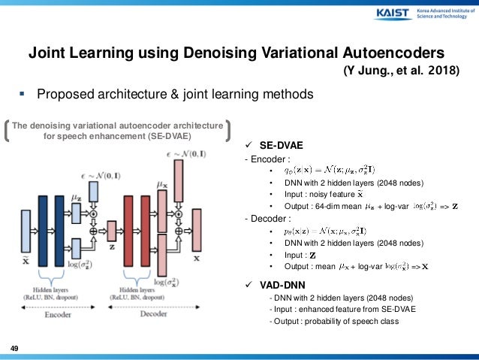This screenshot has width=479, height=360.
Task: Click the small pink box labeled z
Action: click(x=112, y=230)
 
